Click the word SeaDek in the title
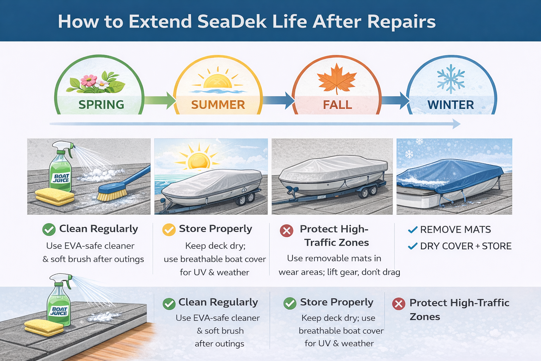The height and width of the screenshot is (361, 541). click(232, 22)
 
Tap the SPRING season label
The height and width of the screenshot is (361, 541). click(101, 104)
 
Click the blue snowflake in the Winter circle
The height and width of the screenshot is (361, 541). click(451, 79)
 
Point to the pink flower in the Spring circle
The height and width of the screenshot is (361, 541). click(89, 80)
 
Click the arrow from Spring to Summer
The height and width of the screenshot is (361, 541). click(160, 100)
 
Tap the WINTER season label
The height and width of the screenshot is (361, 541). click(451, 105)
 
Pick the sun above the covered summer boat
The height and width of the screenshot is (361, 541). click(199, 159)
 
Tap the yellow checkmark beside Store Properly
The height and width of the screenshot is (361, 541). click(169, 230)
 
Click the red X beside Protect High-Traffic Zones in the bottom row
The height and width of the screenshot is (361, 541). click(399, 304)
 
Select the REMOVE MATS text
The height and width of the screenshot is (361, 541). click(455, 230)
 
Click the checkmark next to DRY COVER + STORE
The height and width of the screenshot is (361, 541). click(413, 246)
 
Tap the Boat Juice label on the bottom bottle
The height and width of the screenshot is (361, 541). click(59, 311)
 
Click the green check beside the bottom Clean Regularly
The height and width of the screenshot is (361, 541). click(169, 304)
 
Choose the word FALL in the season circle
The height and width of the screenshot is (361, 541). click(337, 105)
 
